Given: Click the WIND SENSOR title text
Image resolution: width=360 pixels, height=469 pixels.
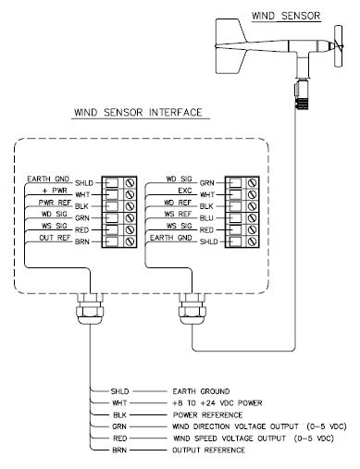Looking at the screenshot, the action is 286,16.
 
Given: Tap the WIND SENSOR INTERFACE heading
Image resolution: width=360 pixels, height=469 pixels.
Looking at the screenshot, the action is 138,112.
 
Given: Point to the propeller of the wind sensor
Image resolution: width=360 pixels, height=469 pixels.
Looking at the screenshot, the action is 339,46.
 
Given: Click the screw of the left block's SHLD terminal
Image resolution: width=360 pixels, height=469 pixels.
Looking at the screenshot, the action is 130,183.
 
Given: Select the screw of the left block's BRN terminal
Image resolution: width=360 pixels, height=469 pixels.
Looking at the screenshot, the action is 130,241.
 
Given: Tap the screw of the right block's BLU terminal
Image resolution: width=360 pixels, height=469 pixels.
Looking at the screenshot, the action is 253,218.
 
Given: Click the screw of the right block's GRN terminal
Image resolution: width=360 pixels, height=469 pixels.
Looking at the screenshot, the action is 253,183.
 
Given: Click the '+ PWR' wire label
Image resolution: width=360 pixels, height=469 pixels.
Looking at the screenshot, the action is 55,191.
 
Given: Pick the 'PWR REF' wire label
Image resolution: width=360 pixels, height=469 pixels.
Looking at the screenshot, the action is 55,203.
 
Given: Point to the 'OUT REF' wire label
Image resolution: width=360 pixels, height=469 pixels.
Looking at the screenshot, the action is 55,238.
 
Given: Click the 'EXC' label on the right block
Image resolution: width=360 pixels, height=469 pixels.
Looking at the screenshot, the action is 185,191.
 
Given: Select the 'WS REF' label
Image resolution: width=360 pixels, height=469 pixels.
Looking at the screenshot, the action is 178,214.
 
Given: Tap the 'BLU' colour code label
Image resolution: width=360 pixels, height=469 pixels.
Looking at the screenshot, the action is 206,218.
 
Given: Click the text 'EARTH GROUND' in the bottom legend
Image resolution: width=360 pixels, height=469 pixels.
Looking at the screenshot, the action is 201,391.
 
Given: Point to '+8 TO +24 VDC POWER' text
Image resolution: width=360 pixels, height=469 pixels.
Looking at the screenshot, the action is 217,403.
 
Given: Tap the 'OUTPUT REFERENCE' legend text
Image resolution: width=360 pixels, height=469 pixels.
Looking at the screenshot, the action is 208,450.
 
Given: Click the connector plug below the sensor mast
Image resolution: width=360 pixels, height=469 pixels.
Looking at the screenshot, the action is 301,94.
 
